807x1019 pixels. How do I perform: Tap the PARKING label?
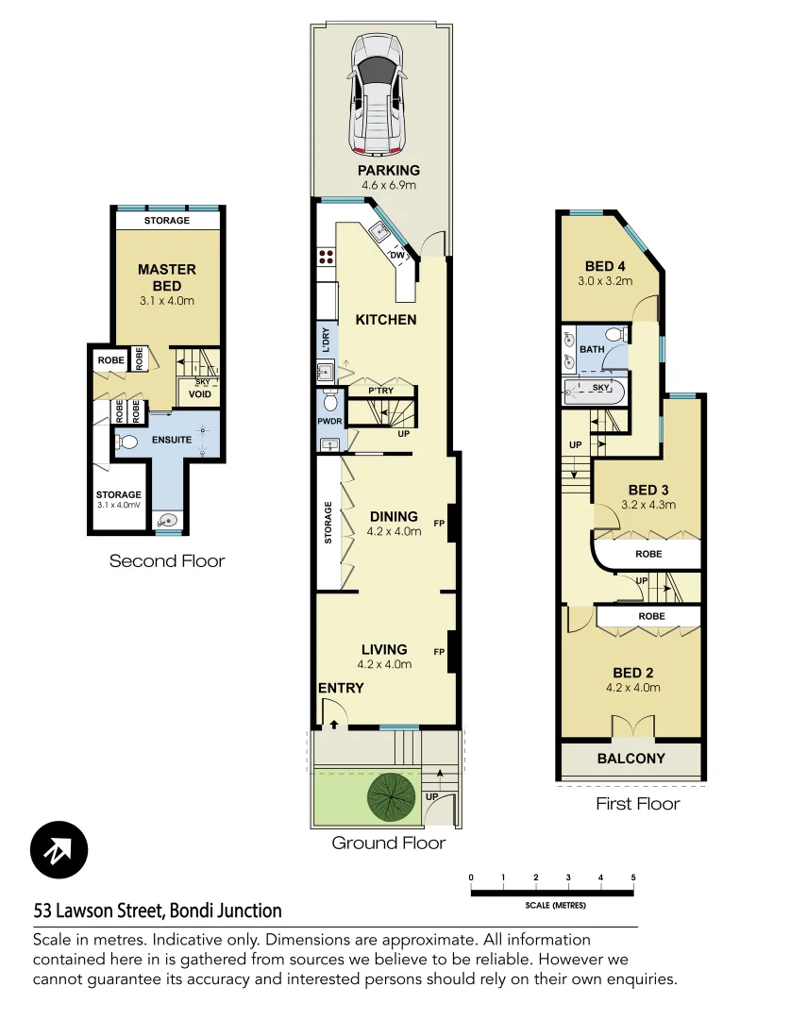(x=388, y=171)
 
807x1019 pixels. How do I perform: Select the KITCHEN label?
(x=385, y=320)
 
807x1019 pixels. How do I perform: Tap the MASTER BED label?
(x=167, y=276)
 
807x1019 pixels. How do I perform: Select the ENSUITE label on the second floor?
(x=170, y=440)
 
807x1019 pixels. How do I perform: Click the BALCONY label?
(x=630, y=759)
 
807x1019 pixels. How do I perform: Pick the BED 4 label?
(x=605, y=265)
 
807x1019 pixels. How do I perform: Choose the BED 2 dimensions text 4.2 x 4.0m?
(x=633, y=688)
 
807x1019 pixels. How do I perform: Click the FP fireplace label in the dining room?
(x=438, y=522)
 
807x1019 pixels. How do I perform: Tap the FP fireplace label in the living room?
(x=438, y=652)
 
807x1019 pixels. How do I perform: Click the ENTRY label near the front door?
(x=341, y=688)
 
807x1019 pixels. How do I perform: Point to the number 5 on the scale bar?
(x=633, y=877)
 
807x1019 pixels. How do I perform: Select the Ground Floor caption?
(x=388, y=843)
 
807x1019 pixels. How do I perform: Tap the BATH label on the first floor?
(x=592, y=349)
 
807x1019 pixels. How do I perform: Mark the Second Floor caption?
(x=167, y=561)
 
